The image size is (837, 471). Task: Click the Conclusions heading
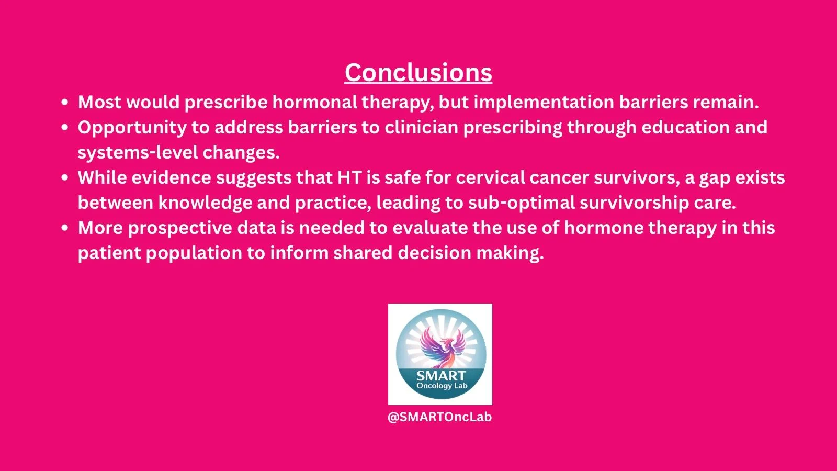click(x=418, y=72)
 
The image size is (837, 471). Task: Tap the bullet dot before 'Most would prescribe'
click(x=65, y=103)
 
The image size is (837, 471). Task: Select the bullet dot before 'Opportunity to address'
click(x=65, y=128)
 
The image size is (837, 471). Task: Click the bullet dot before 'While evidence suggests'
click(x=65, y=177)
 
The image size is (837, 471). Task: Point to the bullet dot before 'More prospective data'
click(x=65, y=228)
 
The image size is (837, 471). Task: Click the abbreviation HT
click(x=349, y=177)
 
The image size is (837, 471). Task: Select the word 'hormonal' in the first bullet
click(x=314, y=102)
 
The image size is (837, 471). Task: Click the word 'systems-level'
click(x=138, y=153)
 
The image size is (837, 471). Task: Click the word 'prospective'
click(x=180, y=228)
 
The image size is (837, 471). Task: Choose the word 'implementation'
click(x=544, y=103)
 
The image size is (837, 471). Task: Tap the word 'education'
click(x=686, y=128)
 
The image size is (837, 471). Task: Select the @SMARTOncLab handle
click(x=440, y=417)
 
